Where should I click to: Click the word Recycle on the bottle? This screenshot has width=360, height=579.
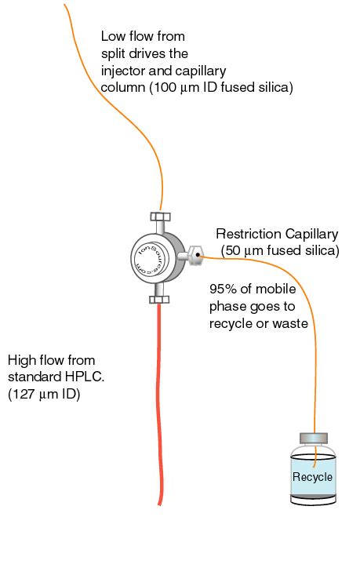(x=312, y=477)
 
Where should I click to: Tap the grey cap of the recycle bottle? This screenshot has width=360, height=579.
(x=313, y=438)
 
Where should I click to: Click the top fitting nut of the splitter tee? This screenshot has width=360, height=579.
(x=159, y=217)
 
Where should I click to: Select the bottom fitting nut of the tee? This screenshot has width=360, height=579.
(x=159, y=298)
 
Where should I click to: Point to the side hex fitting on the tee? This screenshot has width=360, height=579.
(x=196, y=255)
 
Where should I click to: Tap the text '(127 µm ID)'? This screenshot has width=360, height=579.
(x=44, y=395)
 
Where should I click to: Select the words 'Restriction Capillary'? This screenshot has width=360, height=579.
(x=276, y=234)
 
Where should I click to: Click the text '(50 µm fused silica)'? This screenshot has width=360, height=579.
(x=280, y=250)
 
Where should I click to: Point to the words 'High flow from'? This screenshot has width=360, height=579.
(x=51, y=360)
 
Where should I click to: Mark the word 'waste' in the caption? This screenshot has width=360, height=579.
(x=290, y=322)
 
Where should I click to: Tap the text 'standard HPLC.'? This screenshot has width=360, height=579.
(x=55, y=377)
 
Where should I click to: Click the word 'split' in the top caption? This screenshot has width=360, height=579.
(x=115, y=53)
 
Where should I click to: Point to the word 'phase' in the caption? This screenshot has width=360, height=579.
(x=226, y=305)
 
